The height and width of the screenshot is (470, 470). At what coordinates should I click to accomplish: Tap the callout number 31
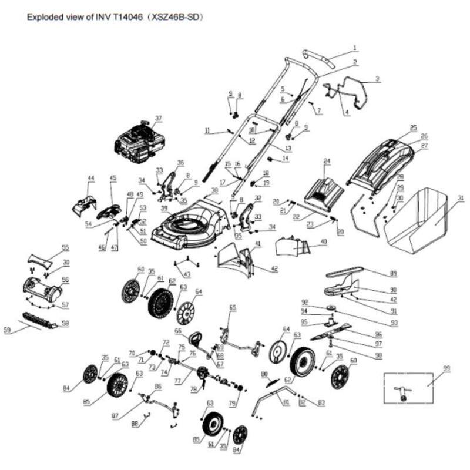click(461, 198)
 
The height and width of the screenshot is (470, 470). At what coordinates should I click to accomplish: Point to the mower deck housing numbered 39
click(188, 223)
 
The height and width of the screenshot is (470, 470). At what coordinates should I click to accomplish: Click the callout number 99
click(446, 368)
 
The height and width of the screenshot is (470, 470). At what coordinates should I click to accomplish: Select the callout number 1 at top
click(355, 47)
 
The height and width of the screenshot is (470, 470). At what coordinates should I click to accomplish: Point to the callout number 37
click(157, 118)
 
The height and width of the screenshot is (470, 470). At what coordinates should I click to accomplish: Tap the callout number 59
click(7, 331)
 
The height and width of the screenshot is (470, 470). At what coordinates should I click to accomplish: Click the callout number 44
click(90, 177)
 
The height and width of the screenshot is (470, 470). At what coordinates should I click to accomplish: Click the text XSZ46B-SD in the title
click(176, 18)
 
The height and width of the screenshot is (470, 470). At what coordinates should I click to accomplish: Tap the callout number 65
click(233, 307)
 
